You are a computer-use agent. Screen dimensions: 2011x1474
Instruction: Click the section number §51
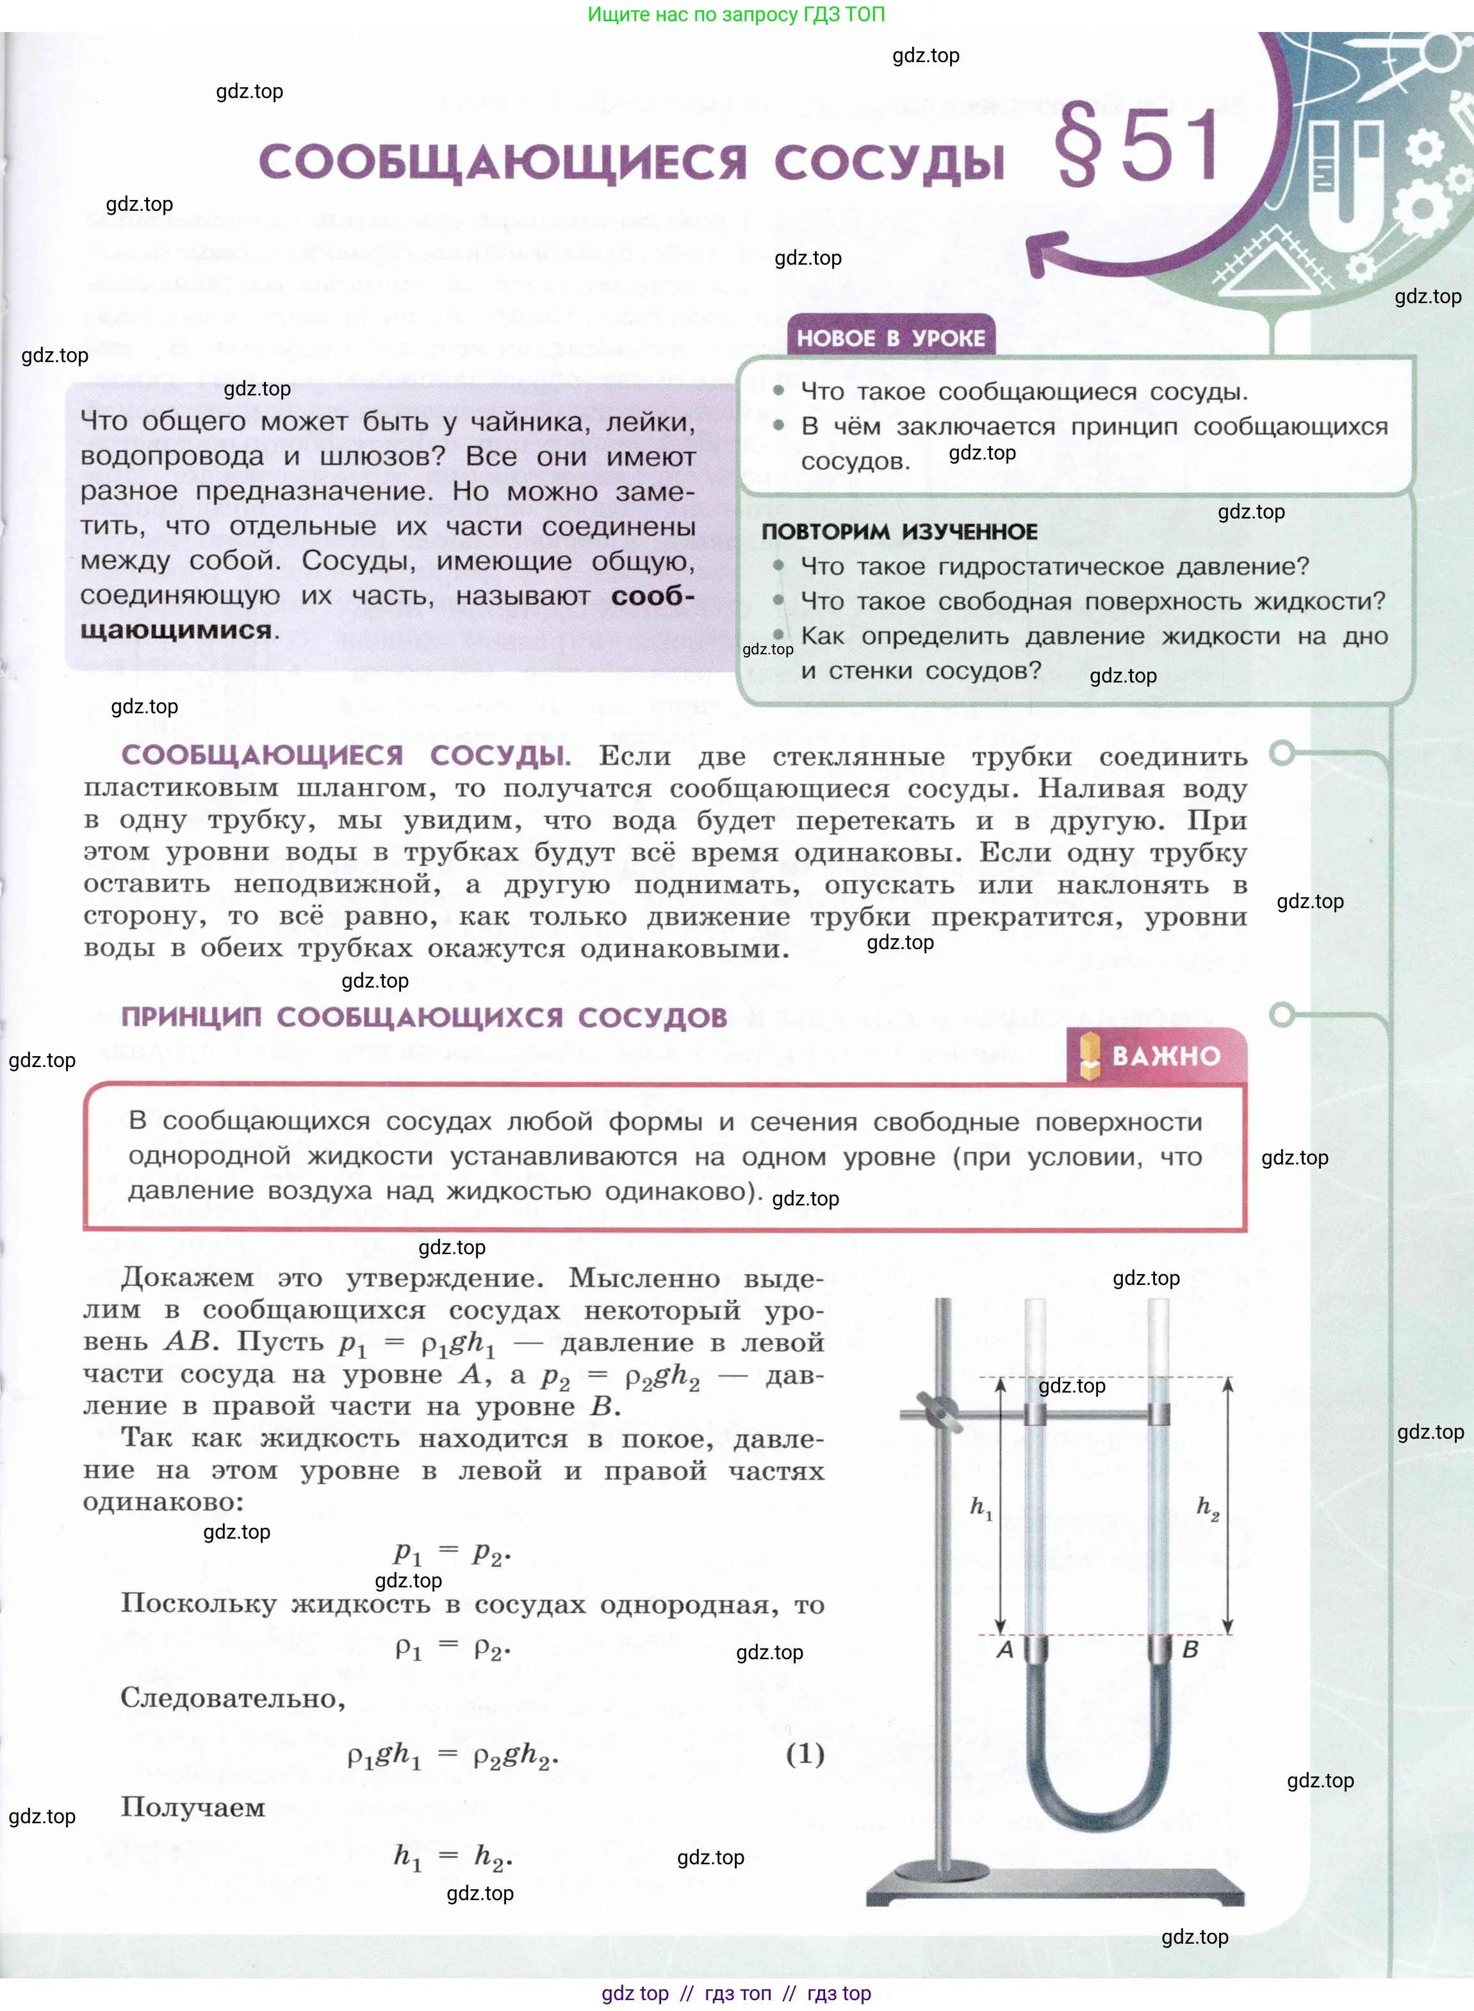click(x=1138, y=145)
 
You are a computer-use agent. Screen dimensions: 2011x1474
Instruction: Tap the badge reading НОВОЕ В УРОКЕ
click(x=890, y=338)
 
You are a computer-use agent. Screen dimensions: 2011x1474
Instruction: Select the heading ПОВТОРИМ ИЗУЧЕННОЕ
click(x=899, y=531)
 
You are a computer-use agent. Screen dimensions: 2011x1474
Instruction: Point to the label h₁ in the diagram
click(x=981, y=1507)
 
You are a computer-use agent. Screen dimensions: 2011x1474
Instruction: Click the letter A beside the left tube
click(x=1004, y=1649)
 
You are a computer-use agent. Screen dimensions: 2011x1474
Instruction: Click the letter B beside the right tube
click(x=1190, y=1649)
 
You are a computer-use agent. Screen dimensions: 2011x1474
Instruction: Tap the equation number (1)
click(x=805, y=1754)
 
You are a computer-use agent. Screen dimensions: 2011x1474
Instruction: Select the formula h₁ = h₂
click(x=452, y=1857)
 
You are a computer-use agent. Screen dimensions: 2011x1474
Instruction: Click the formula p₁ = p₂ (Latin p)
click(x=452, y=1553)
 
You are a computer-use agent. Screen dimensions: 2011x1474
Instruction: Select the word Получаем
click(x=193, y=1807)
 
